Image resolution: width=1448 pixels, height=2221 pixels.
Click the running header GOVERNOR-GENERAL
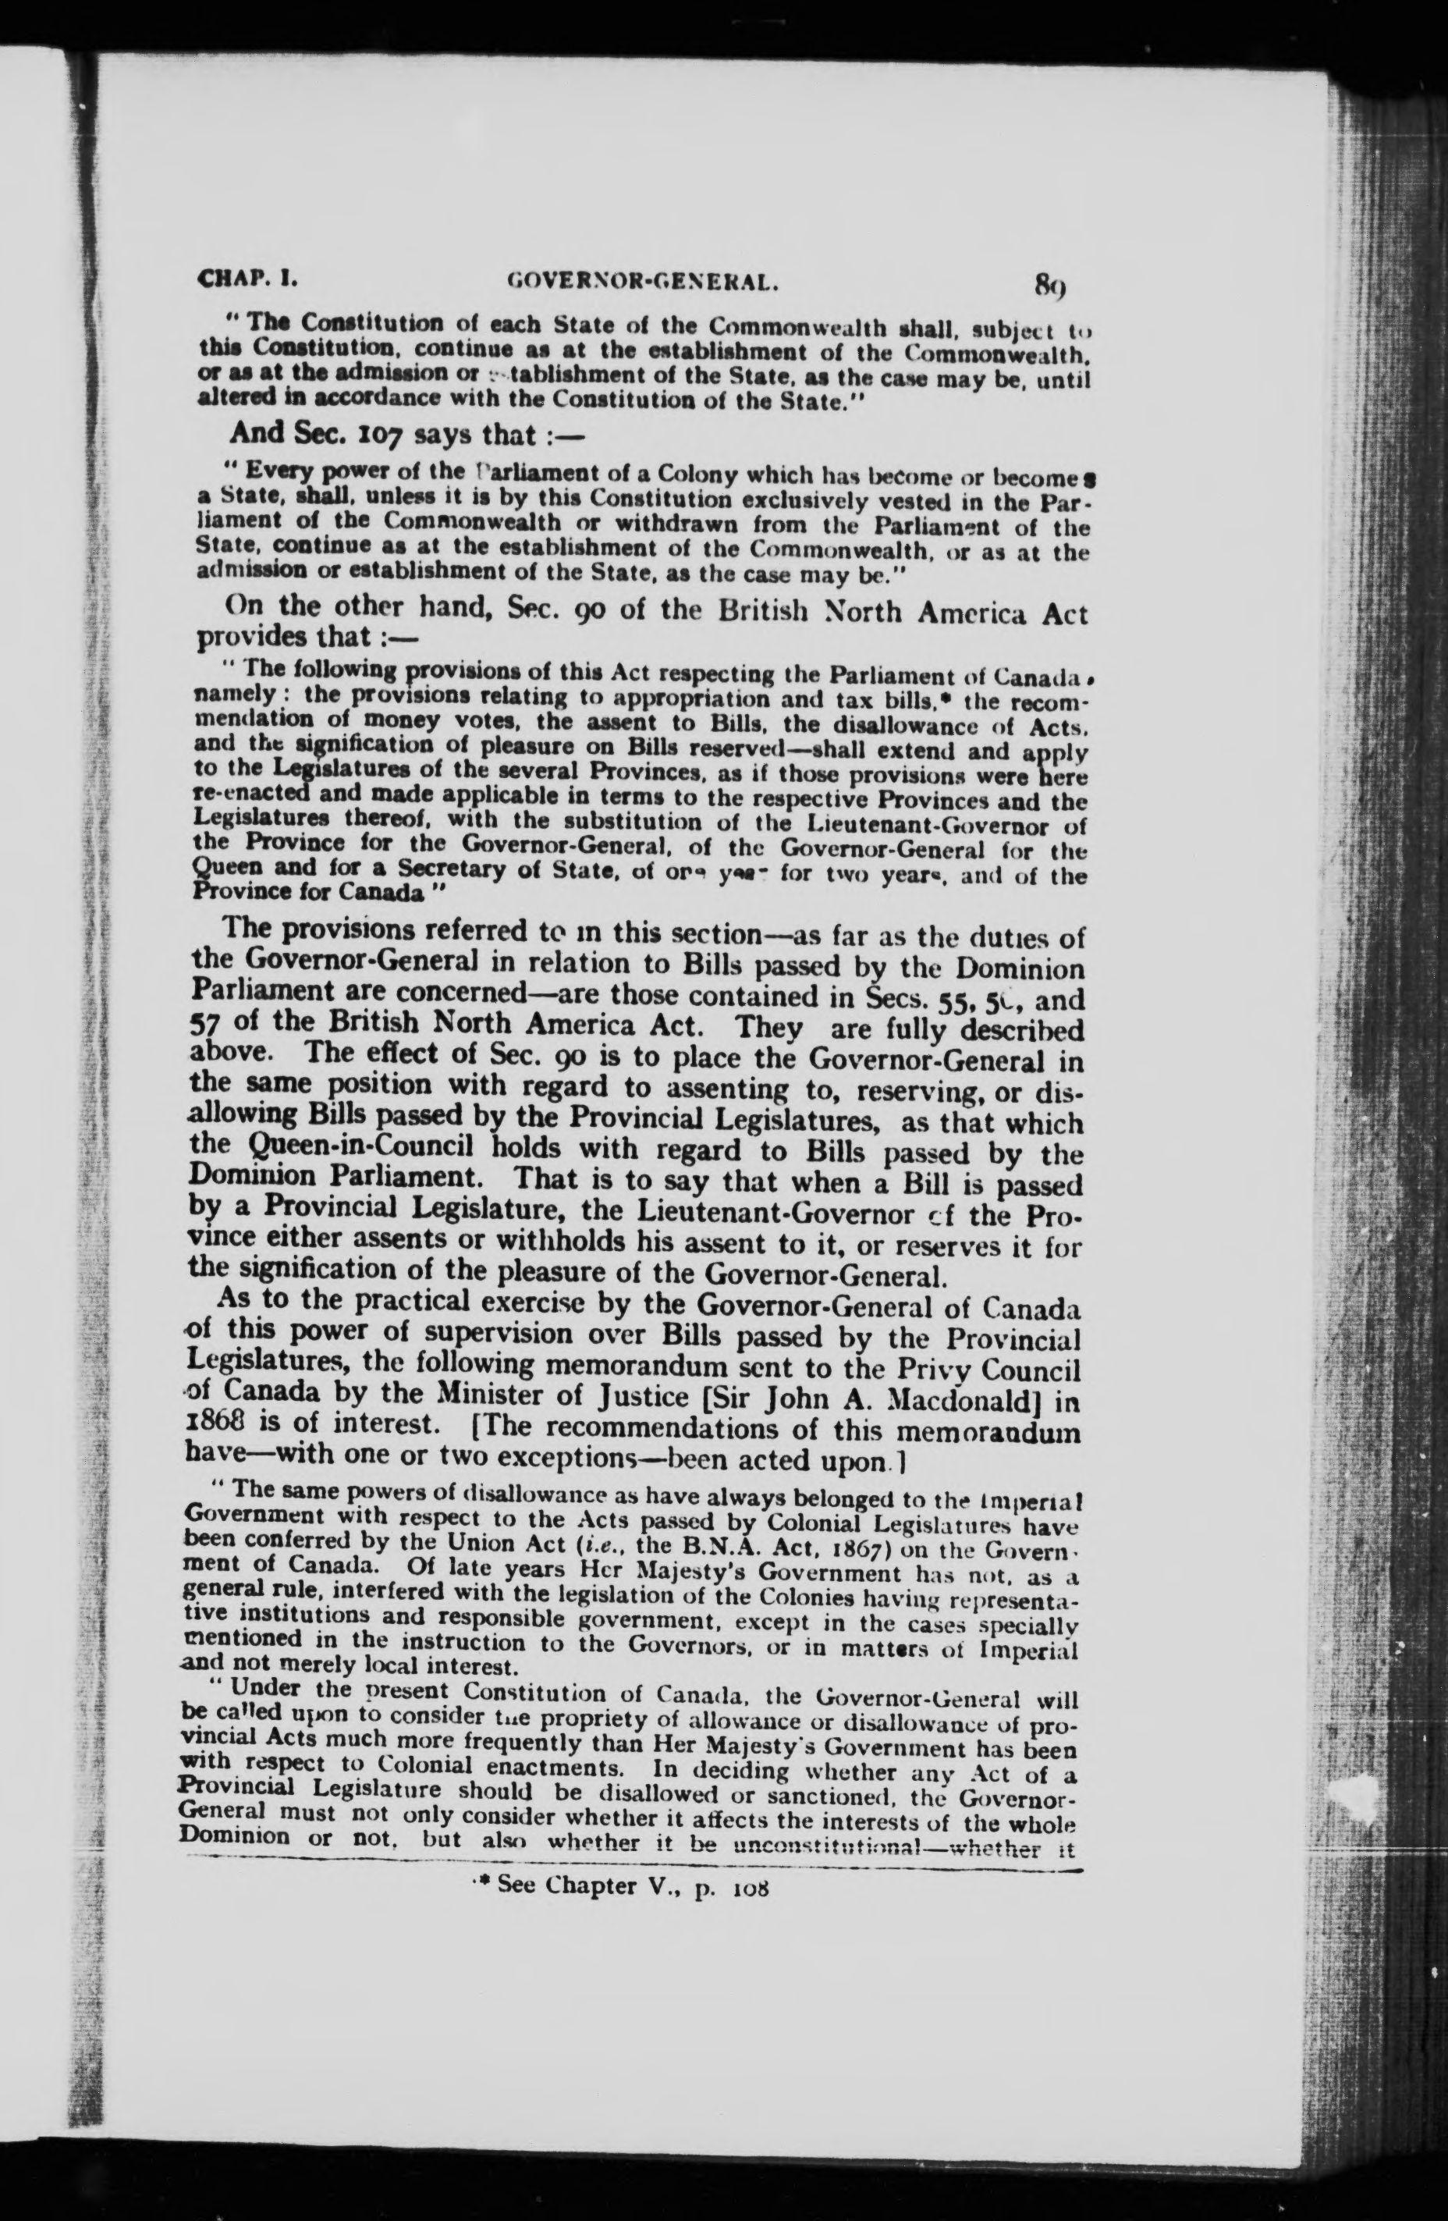[x=639, y=279]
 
